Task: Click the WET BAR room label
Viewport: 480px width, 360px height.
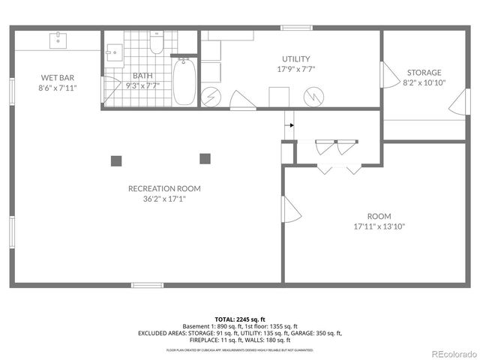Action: pos(57,76)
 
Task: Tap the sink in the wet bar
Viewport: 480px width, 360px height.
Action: pos(57,40)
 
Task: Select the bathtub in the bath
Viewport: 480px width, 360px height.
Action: pos(184,82)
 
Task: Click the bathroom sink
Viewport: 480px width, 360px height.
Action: pos(114,52)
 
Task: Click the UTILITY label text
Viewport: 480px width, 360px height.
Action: pos(295,59)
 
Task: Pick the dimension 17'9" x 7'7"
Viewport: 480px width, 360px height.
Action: pos(295,69)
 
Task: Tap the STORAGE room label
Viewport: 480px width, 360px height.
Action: pos(424,72)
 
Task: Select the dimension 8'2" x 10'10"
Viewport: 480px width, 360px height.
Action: pos(424,82)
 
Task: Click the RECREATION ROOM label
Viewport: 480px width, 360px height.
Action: pos(164,188)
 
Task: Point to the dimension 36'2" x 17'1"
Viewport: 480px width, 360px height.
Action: pos(164,199)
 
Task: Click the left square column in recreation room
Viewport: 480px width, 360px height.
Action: pos(116,160)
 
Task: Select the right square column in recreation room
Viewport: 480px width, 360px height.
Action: pos(205,158)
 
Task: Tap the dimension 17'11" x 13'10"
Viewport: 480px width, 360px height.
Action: pos(379,226)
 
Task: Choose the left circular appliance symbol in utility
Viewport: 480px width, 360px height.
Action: pos(213,97)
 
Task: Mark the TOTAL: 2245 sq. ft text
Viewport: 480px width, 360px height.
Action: pos(240,319)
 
